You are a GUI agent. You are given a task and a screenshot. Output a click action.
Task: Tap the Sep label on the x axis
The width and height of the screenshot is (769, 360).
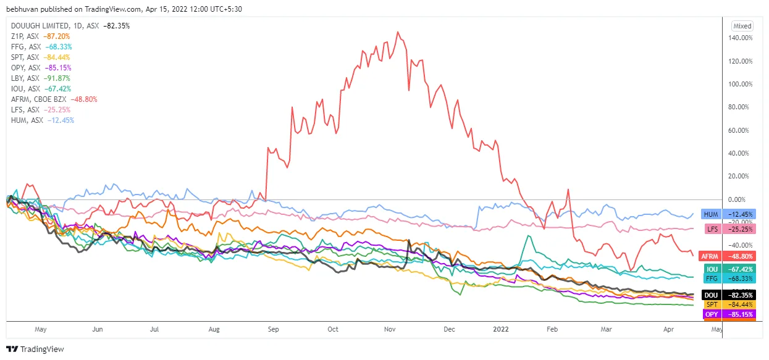point(274,329)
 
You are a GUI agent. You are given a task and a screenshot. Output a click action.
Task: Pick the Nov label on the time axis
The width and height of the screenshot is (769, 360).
point(390,329)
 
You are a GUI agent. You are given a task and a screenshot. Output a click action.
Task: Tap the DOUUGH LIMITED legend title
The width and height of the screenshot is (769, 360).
point(40,26)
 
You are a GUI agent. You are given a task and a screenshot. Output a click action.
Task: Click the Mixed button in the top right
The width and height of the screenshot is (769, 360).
point(742,26)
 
